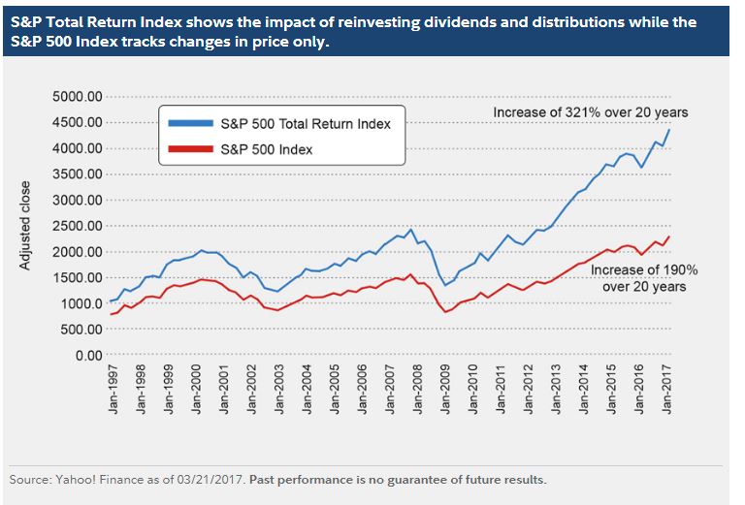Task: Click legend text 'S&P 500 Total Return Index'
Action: [308, 124]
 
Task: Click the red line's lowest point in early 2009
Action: [446, 311]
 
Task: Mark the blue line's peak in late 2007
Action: [411, 230]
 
